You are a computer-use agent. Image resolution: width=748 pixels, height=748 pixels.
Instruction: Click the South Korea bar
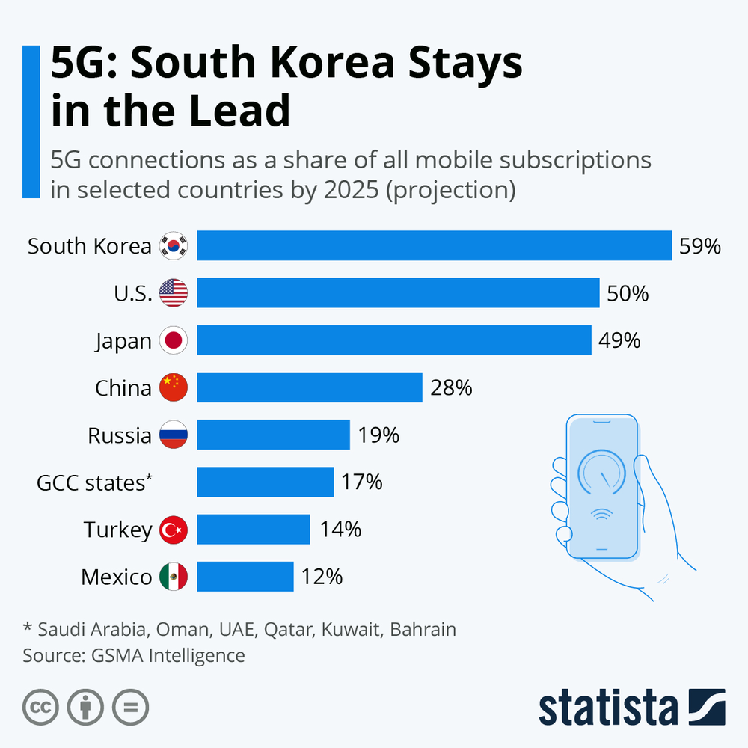pyautogui.click(x=434, y=246)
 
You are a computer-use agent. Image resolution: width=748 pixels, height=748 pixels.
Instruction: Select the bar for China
pyautogui.click(x=309, y=387)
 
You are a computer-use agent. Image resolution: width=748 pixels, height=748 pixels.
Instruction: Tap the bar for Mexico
pyautogui.click(x=245, y=577)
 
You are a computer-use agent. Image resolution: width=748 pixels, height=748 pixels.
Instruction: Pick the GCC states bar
pyautogui.click(x=265, y=482)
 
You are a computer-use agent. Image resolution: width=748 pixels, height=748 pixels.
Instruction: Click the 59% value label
pyautogui.click(x=699, y=246)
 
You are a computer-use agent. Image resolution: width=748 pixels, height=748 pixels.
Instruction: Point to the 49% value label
pyautogui.click(x=619, y=341)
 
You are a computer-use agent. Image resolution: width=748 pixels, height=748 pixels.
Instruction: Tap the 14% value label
pyautogui.click(x=340, y=530)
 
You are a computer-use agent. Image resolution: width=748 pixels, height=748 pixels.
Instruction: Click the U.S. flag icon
pyautogui.click(x=174, y=293)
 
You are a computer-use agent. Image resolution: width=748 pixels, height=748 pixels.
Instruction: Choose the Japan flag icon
pyautogui.click(x=174, y=341)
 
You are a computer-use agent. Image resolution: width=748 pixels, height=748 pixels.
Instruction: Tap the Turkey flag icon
pyautogui.click(x=174, y=530)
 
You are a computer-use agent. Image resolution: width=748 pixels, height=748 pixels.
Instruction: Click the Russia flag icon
pyautogui.click(x=174, y=435)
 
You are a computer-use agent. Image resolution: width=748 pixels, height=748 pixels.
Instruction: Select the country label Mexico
pyautogui.click(x=116, y=577)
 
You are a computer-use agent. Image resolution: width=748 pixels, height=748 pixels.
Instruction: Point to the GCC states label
pyautogui.click(x=94, y=482)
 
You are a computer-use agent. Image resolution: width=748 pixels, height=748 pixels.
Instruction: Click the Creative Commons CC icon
pyautogui.click(x=40, y=706)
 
